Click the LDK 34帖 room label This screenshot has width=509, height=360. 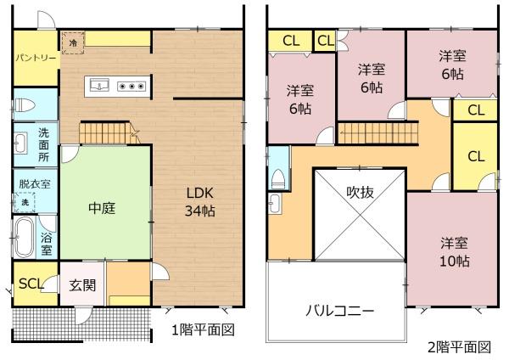200,202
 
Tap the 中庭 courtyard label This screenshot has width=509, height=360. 102,208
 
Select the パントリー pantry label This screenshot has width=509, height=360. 36,58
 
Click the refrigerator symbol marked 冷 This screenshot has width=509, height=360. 73,42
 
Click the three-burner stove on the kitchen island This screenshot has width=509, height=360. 131,87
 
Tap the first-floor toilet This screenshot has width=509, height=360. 25,105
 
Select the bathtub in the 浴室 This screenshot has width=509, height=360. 24,237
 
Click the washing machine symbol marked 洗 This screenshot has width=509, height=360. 25,202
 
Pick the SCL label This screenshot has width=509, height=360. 31,284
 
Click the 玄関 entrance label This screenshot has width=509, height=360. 82,285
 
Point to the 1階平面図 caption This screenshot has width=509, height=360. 203,330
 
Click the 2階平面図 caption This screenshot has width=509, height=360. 459,347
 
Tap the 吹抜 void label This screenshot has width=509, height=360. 360,193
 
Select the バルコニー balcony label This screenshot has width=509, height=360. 340,311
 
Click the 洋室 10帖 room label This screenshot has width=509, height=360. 454,252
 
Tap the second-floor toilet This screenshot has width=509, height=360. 278,179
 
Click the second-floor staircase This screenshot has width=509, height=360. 378,132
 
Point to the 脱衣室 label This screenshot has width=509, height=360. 35,184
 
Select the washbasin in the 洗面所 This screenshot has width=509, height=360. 20,143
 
